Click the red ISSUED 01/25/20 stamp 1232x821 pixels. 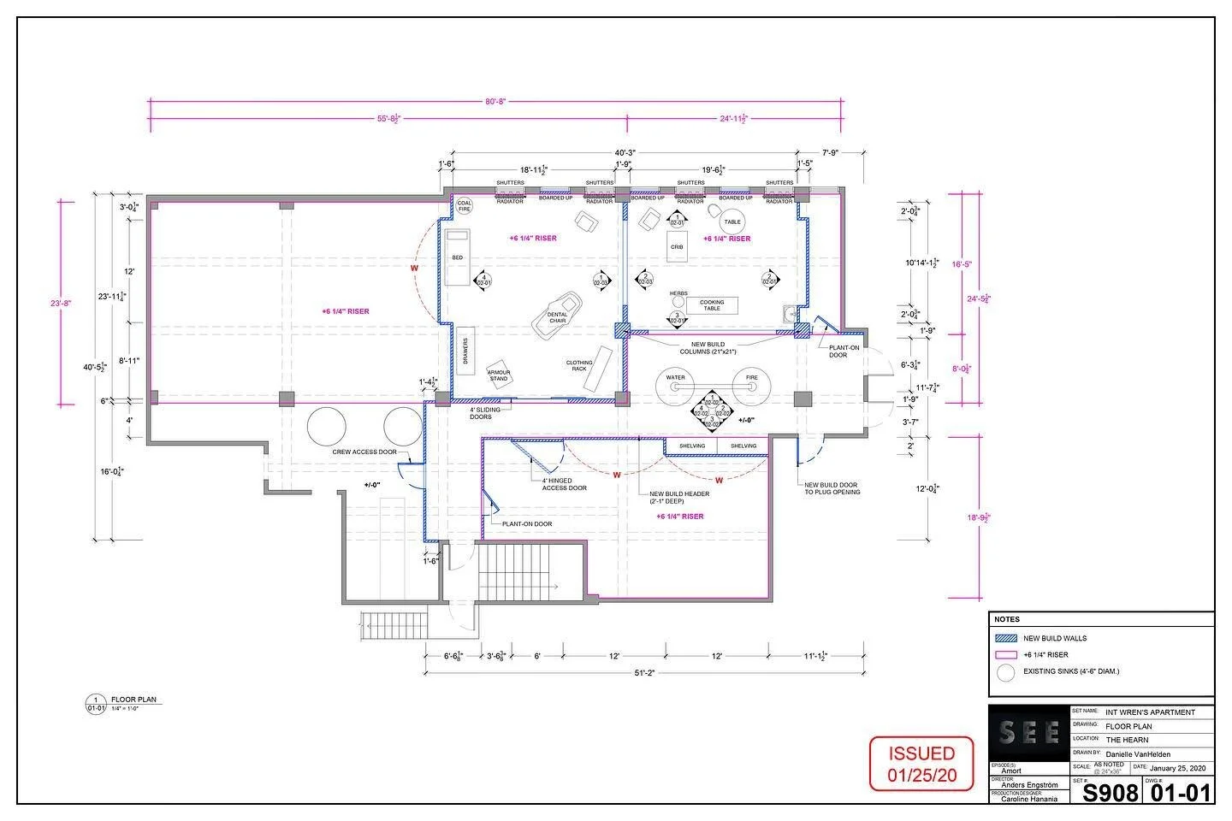click(921, 764)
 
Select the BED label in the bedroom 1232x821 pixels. click(458, 257)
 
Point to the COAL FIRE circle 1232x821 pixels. click(465, 206)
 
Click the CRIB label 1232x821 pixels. click(677, 246)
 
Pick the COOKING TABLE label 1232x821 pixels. click(711, 304)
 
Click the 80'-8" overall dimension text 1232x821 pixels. click(495, 101)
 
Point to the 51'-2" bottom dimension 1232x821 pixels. click(644, 673)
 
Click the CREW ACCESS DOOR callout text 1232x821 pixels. click(363, 452)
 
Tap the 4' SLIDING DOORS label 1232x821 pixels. click(481, 413)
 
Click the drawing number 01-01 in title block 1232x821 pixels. click(1180, 793)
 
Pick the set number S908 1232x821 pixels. click(1111, 793)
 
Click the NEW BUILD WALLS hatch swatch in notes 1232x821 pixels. click(1005, 638)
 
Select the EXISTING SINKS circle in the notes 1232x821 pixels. click(1005, 672)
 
